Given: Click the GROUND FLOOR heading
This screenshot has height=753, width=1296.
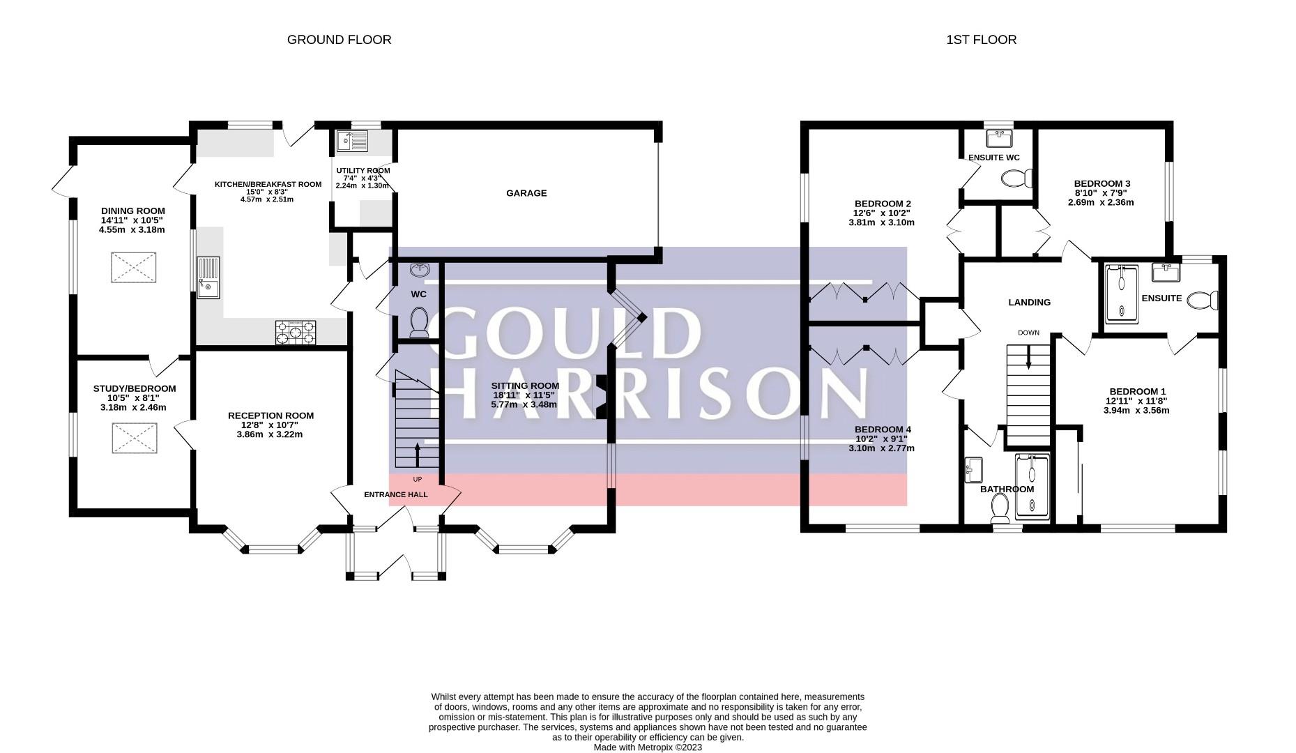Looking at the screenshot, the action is pos(339,40).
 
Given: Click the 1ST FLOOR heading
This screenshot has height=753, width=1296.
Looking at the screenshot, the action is pos(981,40).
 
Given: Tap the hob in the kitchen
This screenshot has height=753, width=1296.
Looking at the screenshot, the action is pos(296,333).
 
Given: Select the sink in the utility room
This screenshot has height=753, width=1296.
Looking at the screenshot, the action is pos(352,141).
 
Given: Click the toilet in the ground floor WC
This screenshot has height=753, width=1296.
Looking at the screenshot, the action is pos(419,323).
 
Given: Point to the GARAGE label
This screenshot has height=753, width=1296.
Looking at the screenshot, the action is pos(526,193).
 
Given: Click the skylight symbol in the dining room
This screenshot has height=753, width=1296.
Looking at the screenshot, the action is pos(133,268).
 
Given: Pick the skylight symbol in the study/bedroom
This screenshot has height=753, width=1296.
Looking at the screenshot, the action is pos(133,439).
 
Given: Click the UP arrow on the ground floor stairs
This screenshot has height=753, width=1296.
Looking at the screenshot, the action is pos(418,455).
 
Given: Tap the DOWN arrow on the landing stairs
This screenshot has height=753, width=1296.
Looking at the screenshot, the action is pos(1028,357).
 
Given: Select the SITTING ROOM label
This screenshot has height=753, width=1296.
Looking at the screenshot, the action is pos(525,386).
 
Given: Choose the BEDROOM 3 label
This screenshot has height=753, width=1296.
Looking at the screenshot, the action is pos(1101,184).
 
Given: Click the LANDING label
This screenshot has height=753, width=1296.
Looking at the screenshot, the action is pos(1029,303).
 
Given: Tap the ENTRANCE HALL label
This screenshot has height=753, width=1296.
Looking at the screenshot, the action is pos(396,494).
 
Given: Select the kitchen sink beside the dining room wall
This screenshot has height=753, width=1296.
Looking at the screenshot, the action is pos(208,277).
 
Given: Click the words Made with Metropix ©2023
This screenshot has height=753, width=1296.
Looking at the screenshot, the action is pos(648,747).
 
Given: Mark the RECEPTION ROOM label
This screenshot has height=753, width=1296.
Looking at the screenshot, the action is pos(270,416).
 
